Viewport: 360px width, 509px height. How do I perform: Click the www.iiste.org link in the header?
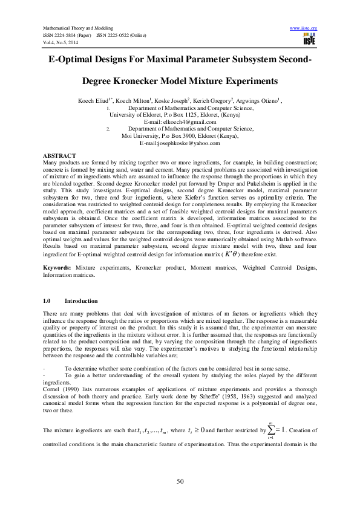(304, 28)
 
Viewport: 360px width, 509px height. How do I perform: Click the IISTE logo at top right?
(309, 40)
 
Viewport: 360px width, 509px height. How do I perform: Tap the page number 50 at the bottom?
(180, 481)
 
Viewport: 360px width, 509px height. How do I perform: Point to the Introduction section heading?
(81, 300)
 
